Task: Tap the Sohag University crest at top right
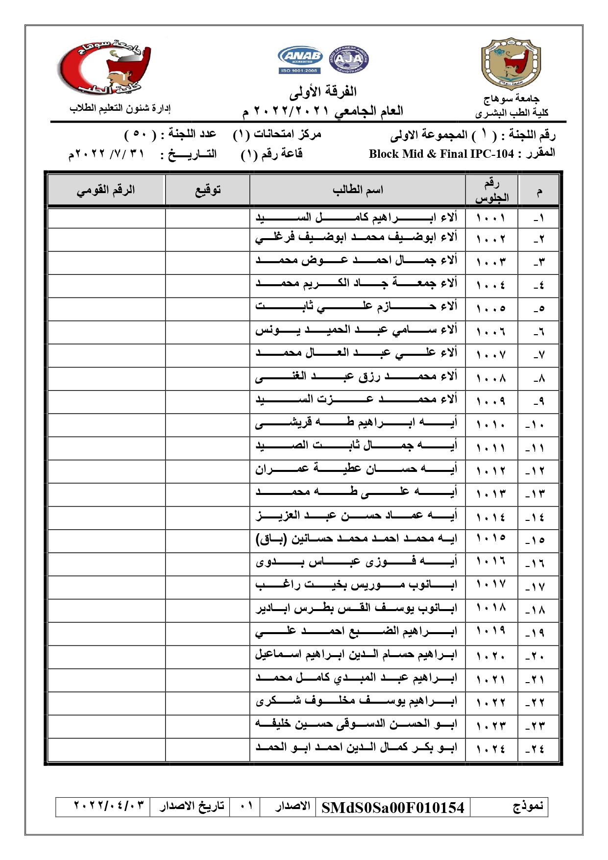[x=511, y=64]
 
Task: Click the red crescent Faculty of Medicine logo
[x=104, y=68]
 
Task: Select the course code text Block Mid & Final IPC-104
[x=441, y=154]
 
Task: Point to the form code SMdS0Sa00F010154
[x=392, y=808]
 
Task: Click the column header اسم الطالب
[x=358, y=190]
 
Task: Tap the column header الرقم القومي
[x=105, y=190]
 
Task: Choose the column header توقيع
[x=208, y=190]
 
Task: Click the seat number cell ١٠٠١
[x=491, y=217]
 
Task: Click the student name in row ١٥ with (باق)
[x=357, y=539]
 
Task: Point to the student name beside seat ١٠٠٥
[x=357, y=307]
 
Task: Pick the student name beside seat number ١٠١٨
[x=357, y=609]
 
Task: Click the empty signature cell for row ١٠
[x=208, y=425]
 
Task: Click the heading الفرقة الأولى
[x=323, y=92]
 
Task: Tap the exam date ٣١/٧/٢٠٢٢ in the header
[x=107, y=154]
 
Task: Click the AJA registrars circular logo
[x=349, y=60]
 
